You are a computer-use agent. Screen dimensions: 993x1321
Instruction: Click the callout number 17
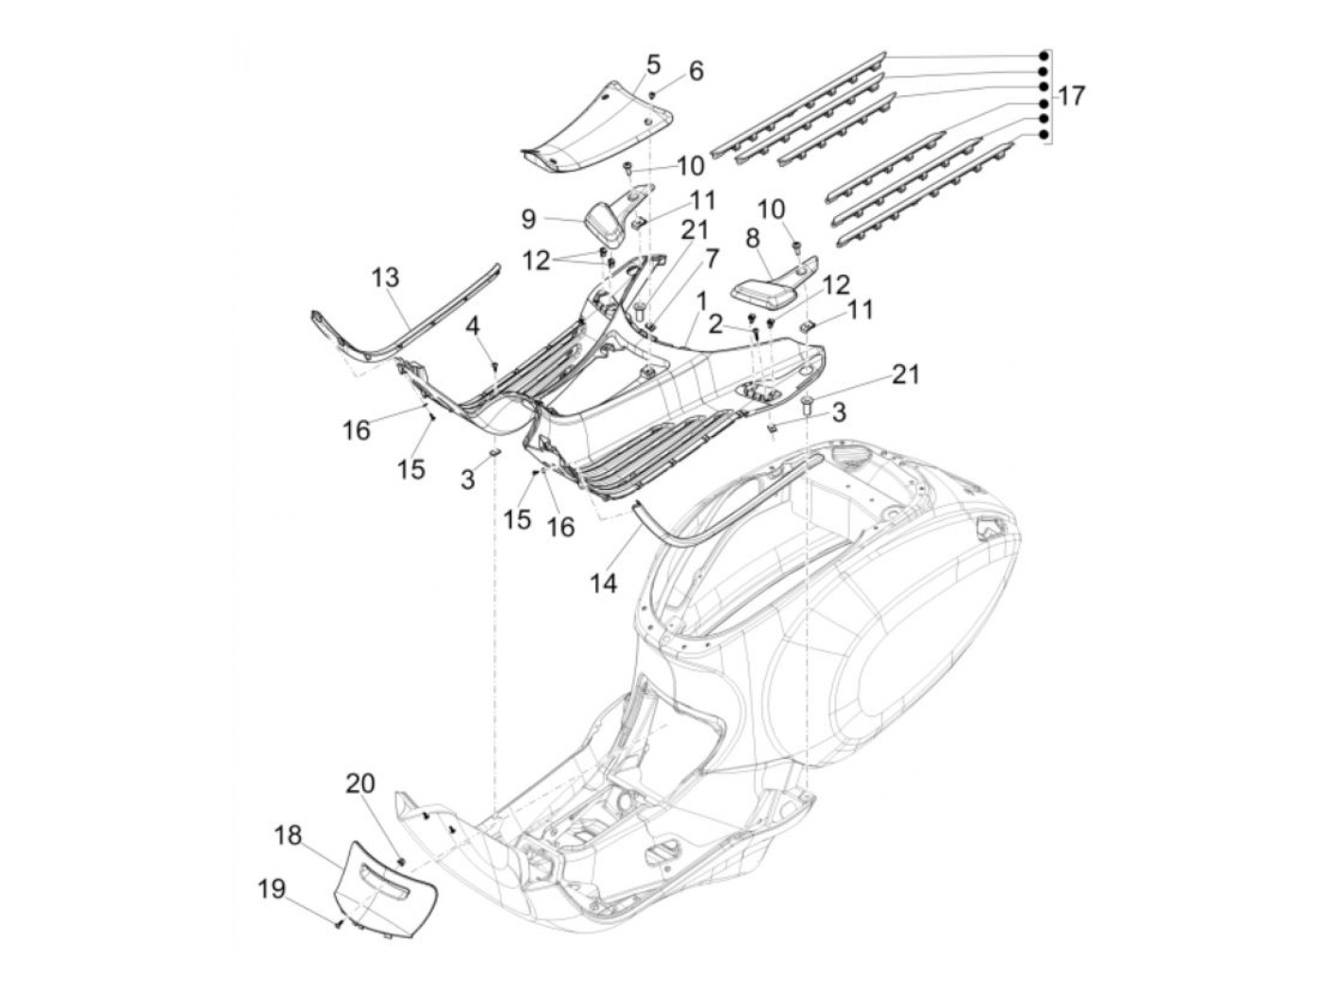tap(1071, 95)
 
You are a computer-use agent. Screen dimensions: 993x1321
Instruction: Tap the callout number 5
tap(653, 64)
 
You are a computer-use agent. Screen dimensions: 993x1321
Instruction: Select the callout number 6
tap(695, 71)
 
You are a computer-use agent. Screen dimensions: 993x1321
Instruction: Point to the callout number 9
tap(528, 219)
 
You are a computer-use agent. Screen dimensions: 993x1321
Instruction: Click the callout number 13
tap(385, 278)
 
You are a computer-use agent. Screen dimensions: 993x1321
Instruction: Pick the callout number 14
tap(604, 584)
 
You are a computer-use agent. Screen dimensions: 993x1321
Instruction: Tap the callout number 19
tap(272, 888)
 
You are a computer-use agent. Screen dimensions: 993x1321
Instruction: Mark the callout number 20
tap(360, 783)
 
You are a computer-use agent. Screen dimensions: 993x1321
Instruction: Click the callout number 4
tap(472, 328)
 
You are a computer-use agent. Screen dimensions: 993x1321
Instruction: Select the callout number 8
tap(752, 239)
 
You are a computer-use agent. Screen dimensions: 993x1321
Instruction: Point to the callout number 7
tap(711, 256)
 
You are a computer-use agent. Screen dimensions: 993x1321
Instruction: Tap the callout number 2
tap(716, 326)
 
